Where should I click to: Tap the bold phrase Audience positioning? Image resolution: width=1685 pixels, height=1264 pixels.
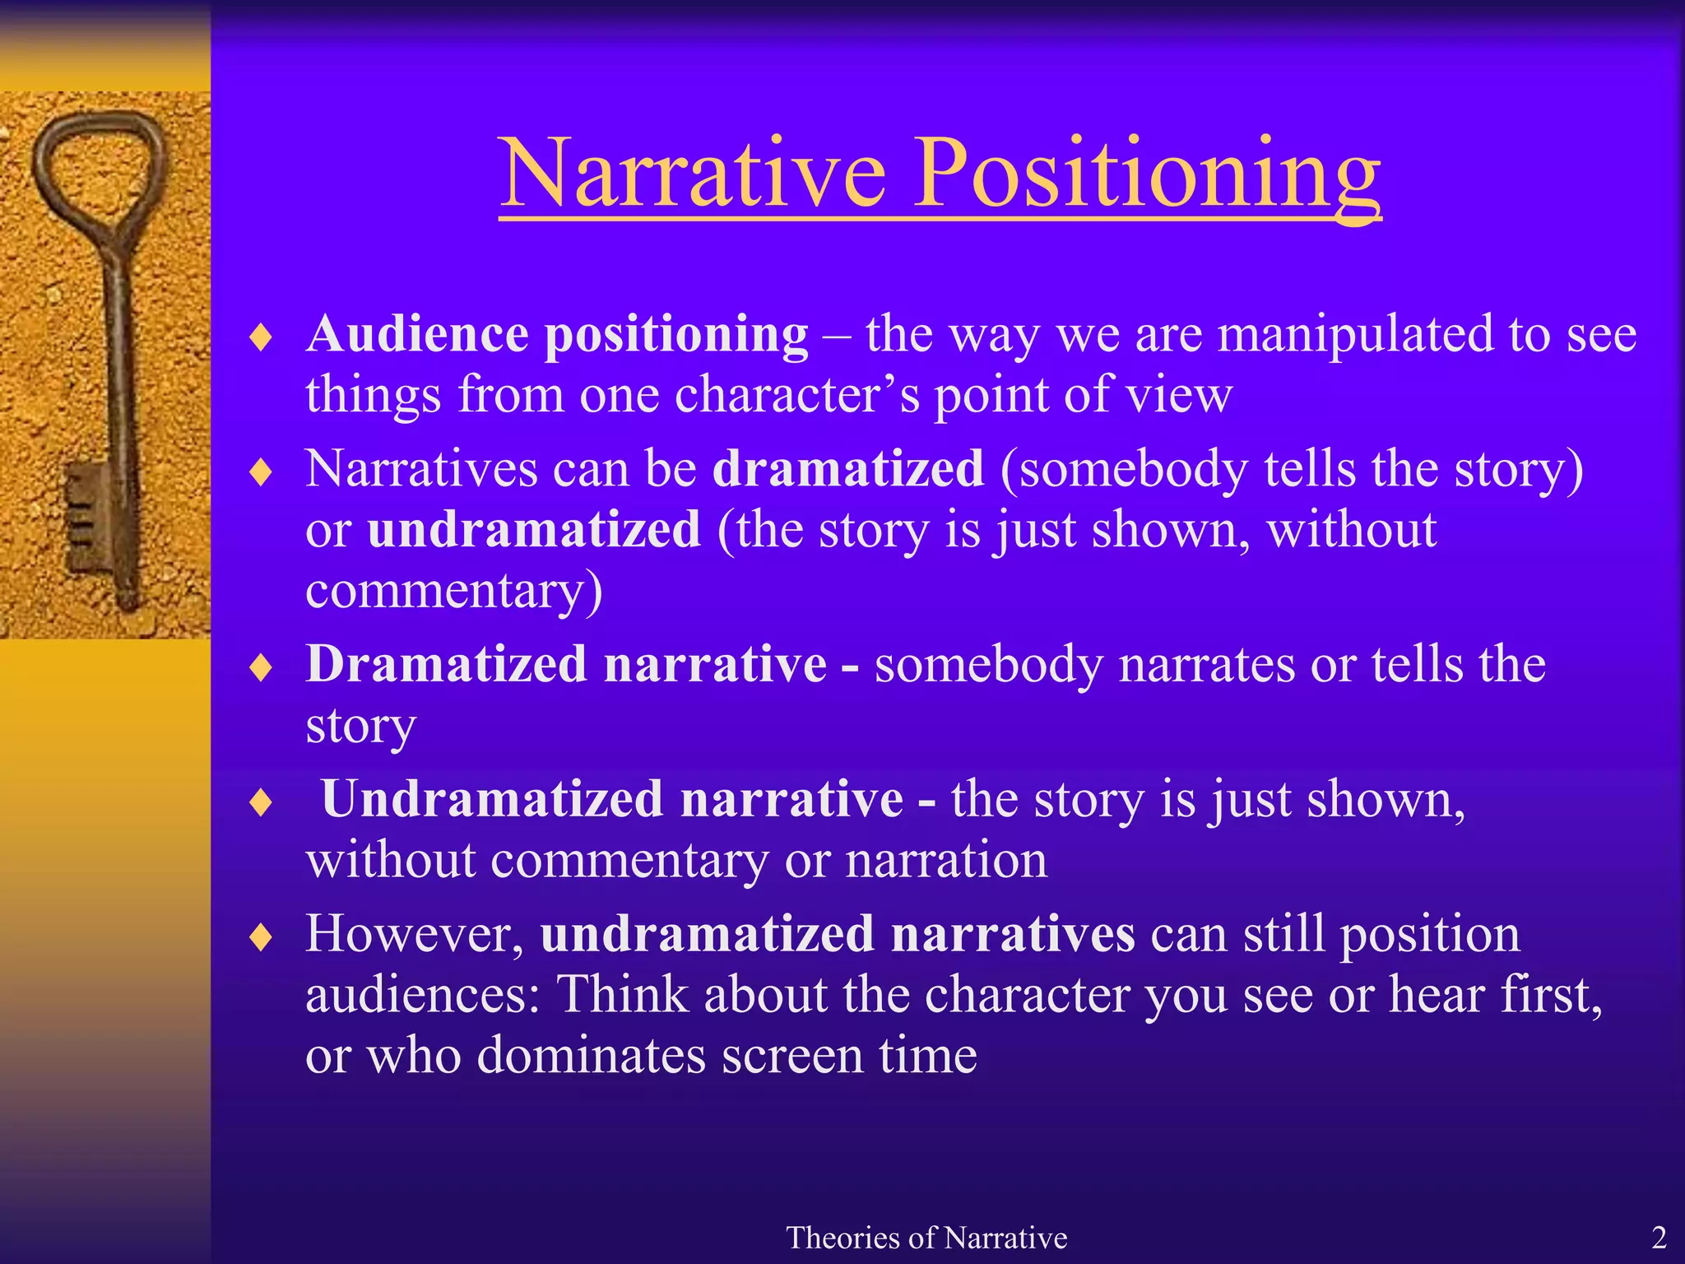(557, 335)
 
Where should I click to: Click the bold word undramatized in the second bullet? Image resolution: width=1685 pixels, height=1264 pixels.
(534, 529)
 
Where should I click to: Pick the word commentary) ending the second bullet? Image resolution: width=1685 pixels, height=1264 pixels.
(454, 591)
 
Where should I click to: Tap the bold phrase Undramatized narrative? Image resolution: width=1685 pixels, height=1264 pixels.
(612, 799)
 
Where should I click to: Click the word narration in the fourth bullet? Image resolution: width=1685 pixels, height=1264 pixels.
(946, 861)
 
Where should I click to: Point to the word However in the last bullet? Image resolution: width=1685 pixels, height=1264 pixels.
(414, 935)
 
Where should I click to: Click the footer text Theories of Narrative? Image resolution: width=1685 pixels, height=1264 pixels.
(926, 1238)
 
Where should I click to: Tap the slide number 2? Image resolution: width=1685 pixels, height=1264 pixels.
(1659, 1238)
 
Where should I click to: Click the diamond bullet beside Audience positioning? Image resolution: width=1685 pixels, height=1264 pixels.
(261, 338)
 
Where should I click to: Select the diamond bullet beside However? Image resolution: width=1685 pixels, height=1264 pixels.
(261, 937)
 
